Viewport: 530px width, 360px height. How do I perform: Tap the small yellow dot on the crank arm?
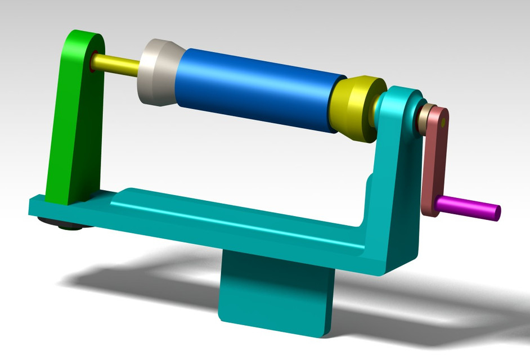[x=443, y=121]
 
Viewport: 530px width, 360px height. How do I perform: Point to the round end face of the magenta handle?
[x=497, y=213]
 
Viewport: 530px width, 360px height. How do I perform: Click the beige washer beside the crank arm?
[x=425, y=115]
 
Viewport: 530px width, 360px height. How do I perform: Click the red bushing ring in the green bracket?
[x=91, y=61]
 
